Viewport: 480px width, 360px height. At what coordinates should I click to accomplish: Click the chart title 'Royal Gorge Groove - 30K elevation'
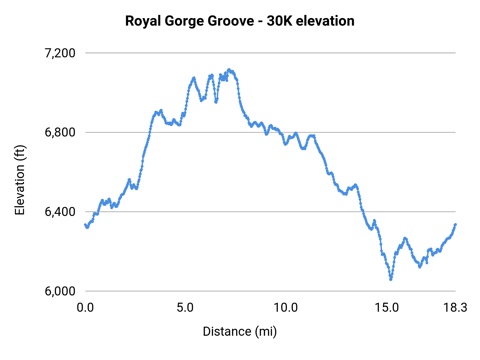coord(240,21)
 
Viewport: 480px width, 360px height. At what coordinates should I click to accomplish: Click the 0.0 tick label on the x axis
coord(85,308)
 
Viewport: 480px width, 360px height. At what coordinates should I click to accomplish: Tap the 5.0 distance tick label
coord(185,308)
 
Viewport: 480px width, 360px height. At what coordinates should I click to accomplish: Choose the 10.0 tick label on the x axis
coord(286,308)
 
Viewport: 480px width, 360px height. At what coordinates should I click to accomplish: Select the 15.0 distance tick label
coord(387,308)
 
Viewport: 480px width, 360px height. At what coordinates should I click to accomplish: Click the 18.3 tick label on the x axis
coord(455,308)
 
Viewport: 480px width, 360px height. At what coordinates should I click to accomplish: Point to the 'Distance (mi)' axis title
coord(240,331)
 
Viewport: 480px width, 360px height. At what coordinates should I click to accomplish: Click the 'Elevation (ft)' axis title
coord(20,180)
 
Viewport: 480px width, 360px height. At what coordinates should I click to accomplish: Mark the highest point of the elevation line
coord(229,70)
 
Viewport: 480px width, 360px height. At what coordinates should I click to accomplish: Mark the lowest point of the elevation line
coord(391,279)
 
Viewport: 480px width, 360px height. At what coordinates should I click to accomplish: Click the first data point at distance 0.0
coord(85,225)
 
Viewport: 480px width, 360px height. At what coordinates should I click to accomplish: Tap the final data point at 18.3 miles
coord(455,225)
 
